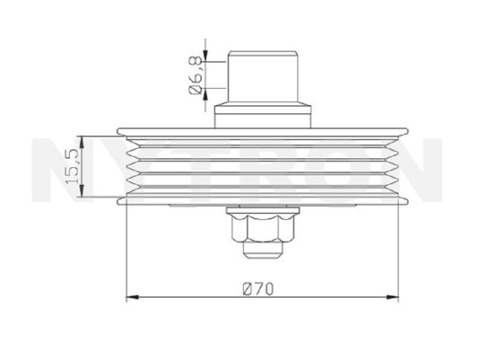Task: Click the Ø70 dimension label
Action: click(x=258, y=289)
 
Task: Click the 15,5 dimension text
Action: click(x=74, y=166)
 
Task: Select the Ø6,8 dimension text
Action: click(x=196, y=75)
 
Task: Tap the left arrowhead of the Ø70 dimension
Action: click(x=133, y=297)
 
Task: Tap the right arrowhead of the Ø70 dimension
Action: click(x=393, y=297)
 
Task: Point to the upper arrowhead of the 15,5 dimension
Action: click(x=82, y=143)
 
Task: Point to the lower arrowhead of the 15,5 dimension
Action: click(x=82, y=190)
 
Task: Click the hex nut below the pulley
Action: click(x=263, y=227)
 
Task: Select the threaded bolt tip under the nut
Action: click(x=263, y=250)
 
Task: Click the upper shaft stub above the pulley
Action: click(x=263, y=76)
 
